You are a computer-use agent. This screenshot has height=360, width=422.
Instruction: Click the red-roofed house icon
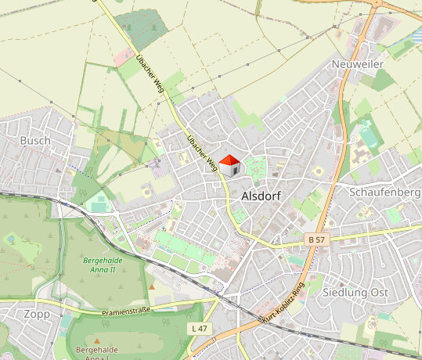click(229, 165)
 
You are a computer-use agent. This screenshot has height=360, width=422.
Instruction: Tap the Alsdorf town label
click(261, 196)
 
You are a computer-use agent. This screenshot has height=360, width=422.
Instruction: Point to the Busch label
click(35, 141)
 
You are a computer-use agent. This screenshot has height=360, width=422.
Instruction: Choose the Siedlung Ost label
click(355, 292)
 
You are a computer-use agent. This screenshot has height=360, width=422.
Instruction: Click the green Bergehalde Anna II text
click(99, 264)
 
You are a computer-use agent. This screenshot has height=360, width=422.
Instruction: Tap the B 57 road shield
click(316, 238)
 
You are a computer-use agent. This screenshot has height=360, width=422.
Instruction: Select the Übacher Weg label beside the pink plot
click(148, 70)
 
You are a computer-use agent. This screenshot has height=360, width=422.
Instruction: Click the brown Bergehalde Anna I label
click(98, 353)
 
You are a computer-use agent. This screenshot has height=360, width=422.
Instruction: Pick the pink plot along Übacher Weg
click(123, 56)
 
